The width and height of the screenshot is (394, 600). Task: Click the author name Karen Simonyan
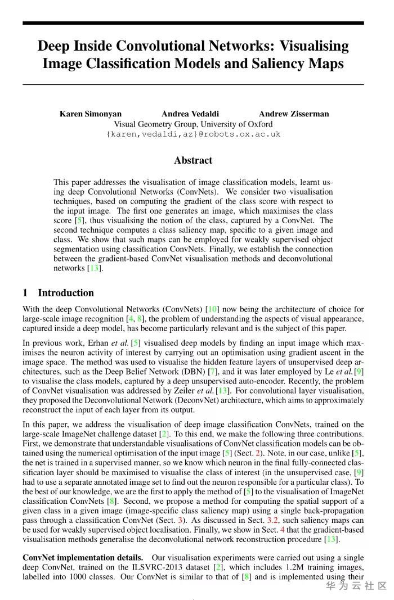(x=90, y=114)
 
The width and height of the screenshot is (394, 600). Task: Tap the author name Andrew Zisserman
(x=294, y=114)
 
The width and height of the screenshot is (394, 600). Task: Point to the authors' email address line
(x=193, y=134)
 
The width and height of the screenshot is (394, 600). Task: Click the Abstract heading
(x=193, y=160)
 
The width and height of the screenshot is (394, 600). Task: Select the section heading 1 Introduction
(x=58, y=292)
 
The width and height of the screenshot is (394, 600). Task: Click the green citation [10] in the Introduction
(x=213, y=309)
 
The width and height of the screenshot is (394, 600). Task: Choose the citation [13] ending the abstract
(x=95, y=268)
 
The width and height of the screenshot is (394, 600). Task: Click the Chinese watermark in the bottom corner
(x=356, y=586)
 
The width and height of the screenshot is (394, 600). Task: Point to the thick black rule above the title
(x=193, y=23)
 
